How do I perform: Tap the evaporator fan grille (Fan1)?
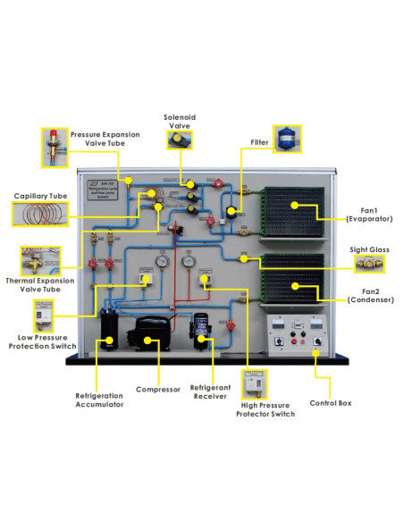(292, 212)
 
